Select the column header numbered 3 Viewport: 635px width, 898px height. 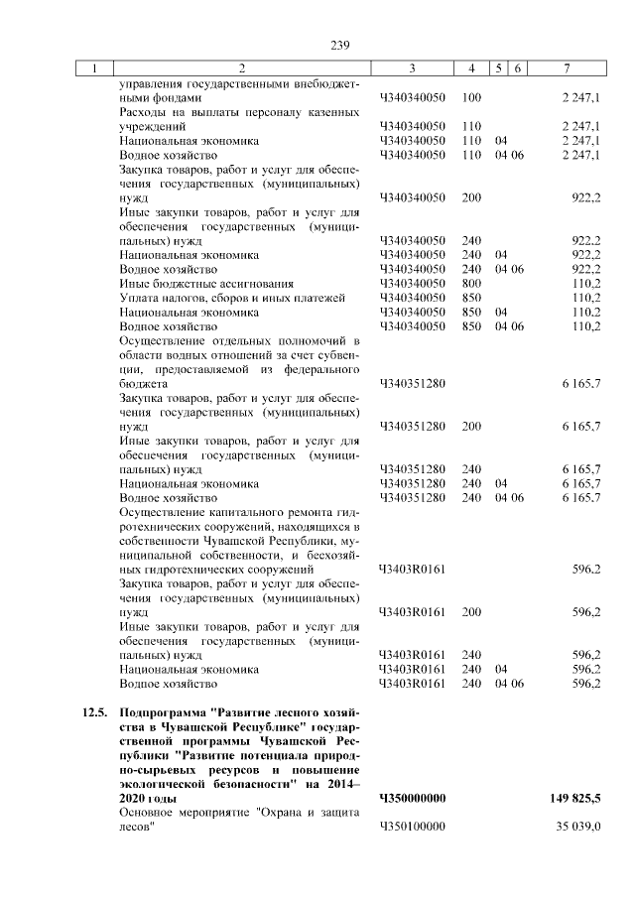point(412,68)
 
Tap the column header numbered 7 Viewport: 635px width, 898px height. point(566,68)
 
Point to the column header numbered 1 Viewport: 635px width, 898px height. point(94,68)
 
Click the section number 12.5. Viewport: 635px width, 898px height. point(93,713)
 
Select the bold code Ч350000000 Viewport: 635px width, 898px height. point(413,798)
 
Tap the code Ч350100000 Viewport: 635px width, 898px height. point(413,827)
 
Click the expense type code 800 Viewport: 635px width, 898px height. point(471,283)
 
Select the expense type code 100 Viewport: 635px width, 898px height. point(471,98)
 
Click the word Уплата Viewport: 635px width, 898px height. point(138,298)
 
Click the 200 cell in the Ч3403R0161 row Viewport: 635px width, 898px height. point(471,612)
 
